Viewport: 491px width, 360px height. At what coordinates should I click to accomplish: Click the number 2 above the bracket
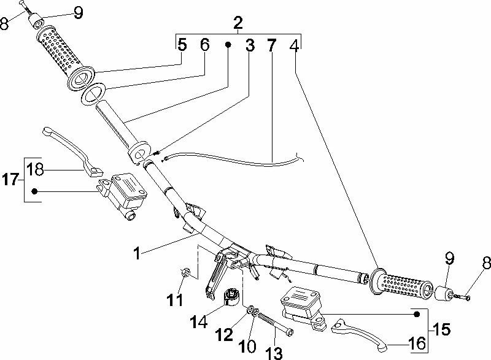tap(238, 24)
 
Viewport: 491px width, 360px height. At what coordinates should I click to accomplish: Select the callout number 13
tap(274, 352)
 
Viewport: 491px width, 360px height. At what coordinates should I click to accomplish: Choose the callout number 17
tap(10, 180)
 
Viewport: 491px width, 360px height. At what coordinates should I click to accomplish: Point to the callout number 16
tap(417, 344)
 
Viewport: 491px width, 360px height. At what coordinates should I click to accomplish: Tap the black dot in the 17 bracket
tap(36, 191)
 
